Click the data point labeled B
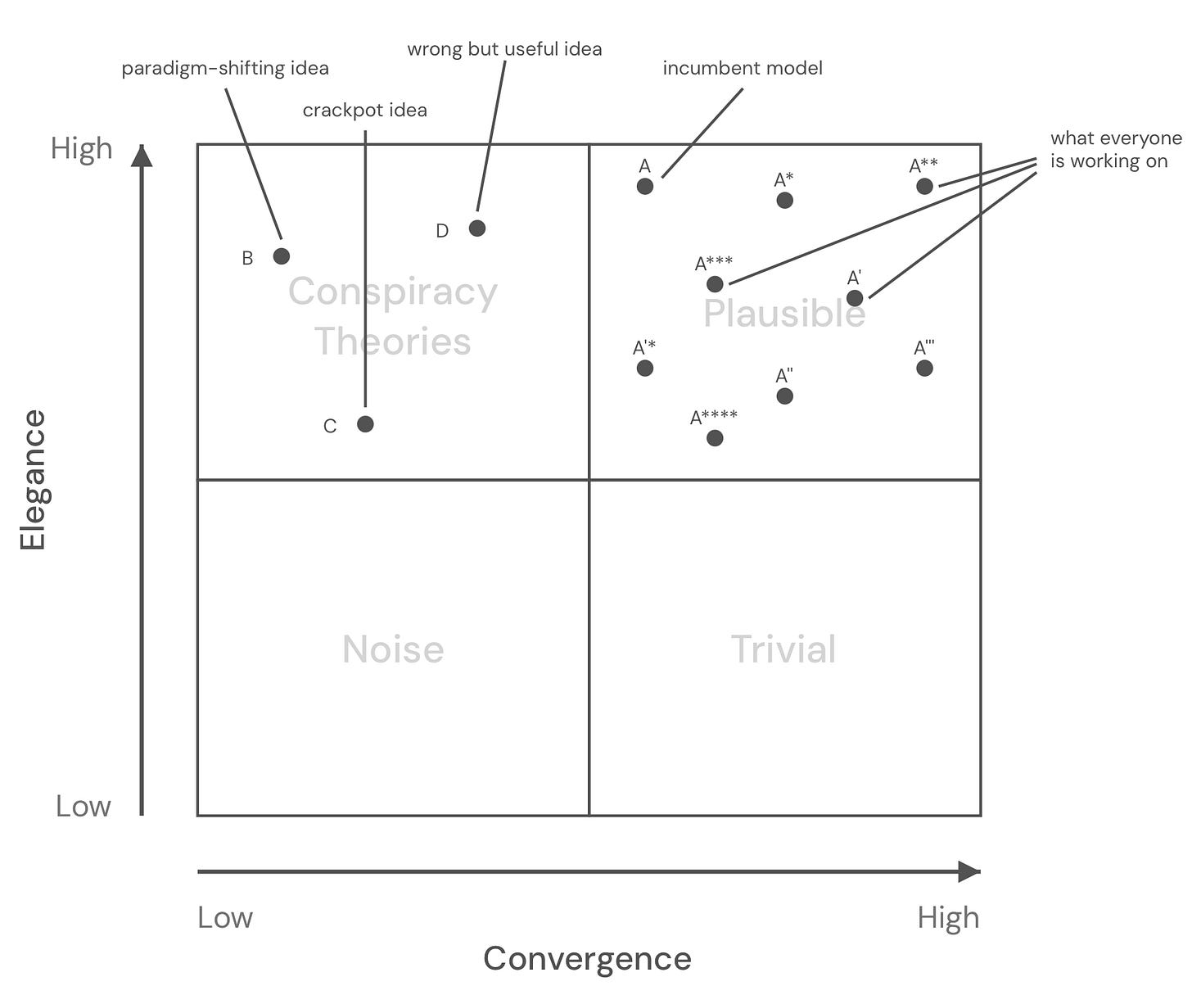(281, 256)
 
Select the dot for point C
(365, 424)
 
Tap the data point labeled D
(477, 228)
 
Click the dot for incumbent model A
(645, 186)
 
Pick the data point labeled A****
(715, 438)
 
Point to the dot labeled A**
(924, 186)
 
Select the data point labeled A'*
(645, 368)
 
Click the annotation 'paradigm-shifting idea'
(225, 69)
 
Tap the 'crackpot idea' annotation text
(365, 111)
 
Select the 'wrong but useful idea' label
(504, 49)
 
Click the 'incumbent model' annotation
(743, 69)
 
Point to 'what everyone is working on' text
(1116, 150)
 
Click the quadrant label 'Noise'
(393, 649)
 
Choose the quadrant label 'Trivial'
(783, 649)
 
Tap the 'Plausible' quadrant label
(784, 314)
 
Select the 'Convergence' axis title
(587, 958)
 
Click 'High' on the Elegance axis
(82, 149)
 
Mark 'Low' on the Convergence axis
(225, 918)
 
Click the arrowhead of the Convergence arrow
(969, 872)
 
